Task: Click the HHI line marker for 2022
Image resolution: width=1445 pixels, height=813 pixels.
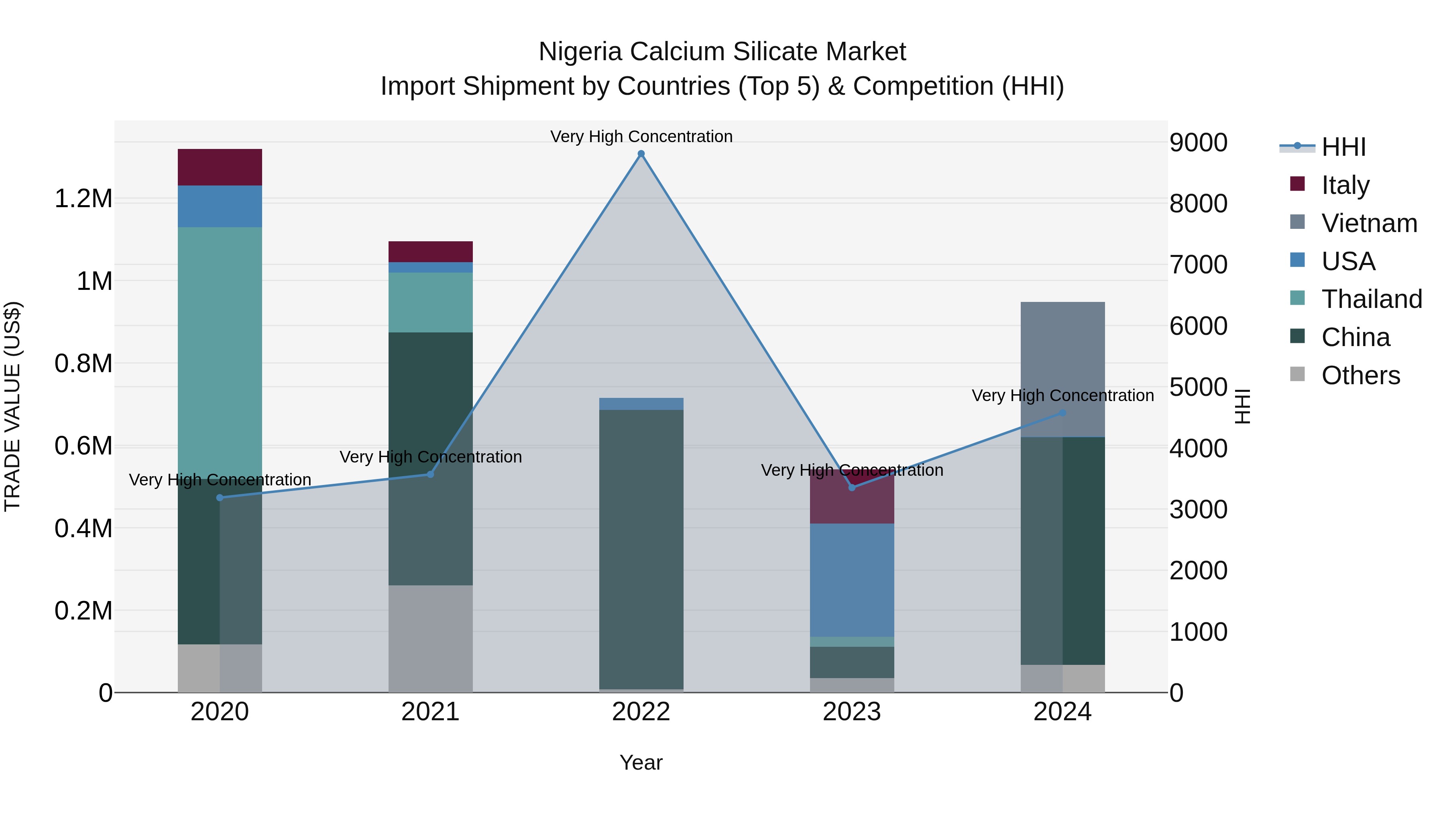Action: (641, 154)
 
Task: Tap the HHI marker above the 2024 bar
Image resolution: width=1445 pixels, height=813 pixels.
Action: (1062, 413)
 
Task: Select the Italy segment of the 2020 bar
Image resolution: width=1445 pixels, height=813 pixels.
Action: (220, 167)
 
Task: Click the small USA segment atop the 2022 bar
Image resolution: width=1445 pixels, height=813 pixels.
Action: (641, 404)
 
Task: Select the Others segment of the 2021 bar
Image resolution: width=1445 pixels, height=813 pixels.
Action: (430, 638)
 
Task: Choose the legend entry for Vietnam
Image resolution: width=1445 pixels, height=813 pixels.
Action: (1369, 223)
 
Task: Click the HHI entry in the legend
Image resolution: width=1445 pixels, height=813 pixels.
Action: (1343, 147)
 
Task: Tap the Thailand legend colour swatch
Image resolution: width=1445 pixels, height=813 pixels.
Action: (1297, 298)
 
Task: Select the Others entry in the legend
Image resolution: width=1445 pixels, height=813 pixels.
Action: (1360, 375)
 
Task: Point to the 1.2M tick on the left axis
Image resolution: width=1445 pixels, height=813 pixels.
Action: (83, 199)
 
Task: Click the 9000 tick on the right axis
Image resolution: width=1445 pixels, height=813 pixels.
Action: (1198, 143)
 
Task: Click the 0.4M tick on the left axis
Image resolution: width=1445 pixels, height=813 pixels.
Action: (83, 528)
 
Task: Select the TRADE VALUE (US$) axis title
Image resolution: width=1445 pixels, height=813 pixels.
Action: (12, 406)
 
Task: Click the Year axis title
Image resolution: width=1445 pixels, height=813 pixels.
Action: (641, 762)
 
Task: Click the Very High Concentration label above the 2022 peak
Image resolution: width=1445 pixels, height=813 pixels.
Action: (641, 137)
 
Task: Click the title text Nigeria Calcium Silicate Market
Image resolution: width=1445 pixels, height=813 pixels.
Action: (722, 52)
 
